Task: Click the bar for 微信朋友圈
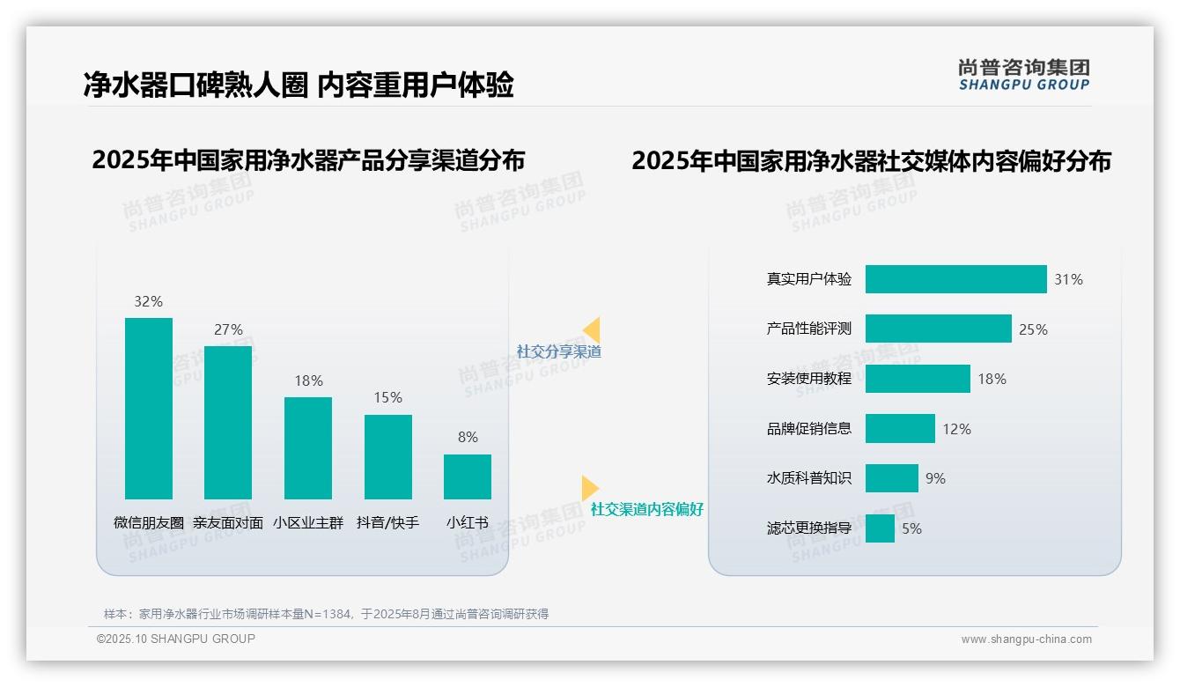coord(149,409)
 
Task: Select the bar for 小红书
coord(468,476)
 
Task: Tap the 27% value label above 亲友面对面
coord(228,329)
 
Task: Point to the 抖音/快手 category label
coord(387,522)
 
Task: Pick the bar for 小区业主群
coord(308,448)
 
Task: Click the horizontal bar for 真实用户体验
coord(955,279)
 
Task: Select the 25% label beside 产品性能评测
coord(1033,329)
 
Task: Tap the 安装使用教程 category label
coord(809,379)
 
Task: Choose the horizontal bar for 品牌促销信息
coord(900,429)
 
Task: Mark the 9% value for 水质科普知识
coord(935,478)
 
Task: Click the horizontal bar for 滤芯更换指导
coord(880,528)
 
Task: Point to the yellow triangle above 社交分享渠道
coord(592,329)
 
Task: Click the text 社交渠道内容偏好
coord(647,509)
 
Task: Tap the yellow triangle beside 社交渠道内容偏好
coord(589,488)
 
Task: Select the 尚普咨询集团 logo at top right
coord(1024,74)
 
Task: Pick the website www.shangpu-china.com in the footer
coord(1026,639)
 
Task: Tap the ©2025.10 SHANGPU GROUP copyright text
coord(176,639)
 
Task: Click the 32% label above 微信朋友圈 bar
coord(148,301)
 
